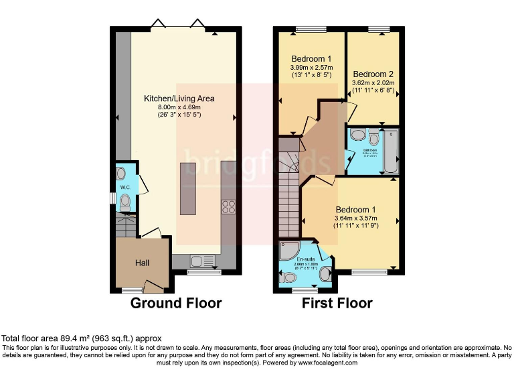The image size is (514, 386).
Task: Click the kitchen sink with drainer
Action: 201,261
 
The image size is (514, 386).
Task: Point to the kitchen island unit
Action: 188,193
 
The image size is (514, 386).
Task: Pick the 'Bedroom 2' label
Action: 373,74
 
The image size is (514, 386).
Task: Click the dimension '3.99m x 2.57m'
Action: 311,68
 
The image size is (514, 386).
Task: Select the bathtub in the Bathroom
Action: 392,151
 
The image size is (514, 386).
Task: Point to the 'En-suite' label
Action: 306,259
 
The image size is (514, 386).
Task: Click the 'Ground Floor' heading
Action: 175,304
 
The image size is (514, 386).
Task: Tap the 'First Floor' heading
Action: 337,304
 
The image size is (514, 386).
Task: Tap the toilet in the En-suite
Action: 290,277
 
